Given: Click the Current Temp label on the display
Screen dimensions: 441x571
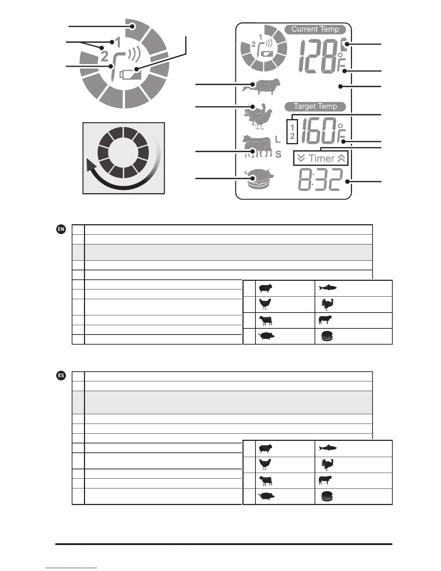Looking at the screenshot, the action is [315, 30].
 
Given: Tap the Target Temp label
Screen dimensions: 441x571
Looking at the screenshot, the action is [315, 107].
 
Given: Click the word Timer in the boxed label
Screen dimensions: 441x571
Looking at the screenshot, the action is [321, 159].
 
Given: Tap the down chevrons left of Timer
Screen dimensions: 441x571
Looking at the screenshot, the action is [302, 159].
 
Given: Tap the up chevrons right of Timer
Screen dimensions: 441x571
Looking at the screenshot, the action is [341, 159].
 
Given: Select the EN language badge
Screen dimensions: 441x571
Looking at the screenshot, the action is [61, 229].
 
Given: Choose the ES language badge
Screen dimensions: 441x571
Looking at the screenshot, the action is [61, 376].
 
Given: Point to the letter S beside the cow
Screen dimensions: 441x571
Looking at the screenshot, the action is [278, 155].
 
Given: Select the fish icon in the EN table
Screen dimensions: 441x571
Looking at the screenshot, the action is [328, 288].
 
